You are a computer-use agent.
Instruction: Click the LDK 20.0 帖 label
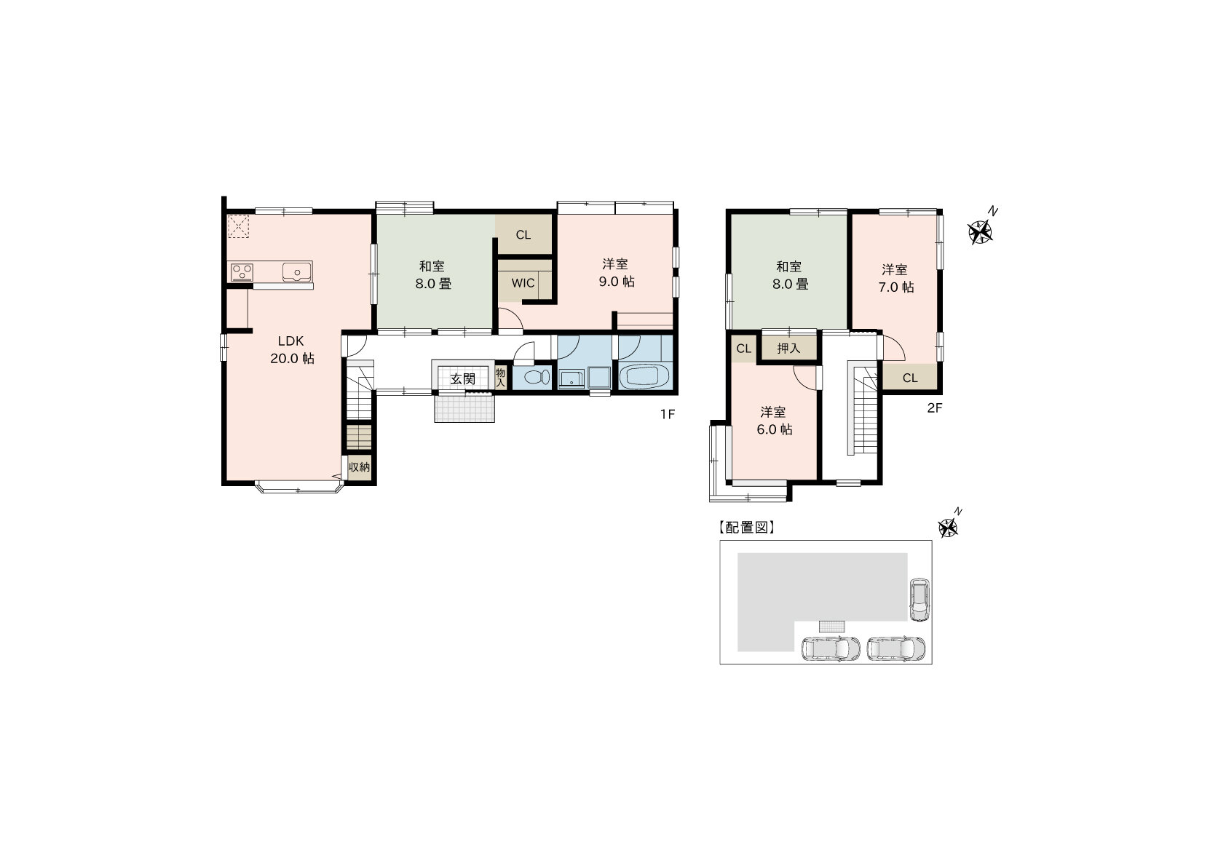click(x=292, y=349)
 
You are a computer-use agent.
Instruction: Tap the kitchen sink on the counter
click(x=297, y=272)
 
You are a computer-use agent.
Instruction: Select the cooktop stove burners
click(x=242, y=272)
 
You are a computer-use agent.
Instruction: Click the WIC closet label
click(x=523, y=283)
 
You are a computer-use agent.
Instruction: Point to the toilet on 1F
click(x=537, y=377)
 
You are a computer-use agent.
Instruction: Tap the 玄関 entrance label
click(x=462, y=378)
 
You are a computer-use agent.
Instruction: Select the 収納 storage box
click(x=359, y=467)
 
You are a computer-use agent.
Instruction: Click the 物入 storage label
click(x=500, y=378)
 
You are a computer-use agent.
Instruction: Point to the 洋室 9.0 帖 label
click(x=617, y=272)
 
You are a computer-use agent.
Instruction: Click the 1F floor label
click(x=667, y=414)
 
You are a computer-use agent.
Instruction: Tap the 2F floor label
click(x=934, y=408)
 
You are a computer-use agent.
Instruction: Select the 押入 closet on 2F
click(x=788, y=348)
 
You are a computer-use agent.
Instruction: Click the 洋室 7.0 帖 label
click(x=895, y=278)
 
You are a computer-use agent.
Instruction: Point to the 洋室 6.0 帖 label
click(x=774, y=420)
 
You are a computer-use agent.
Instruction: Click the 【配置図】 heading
click(x=746, y=528)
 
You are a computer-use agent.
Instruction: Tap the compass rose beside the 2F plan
click(x=980, y=232)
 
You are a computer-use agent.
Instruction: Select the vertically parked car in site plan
click(x=919, y=599)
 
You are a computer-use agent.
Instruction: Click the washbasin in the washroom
click(x=572, y=378)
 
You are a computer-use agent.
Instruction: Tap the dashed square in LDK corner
click(x=239, y=226)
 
